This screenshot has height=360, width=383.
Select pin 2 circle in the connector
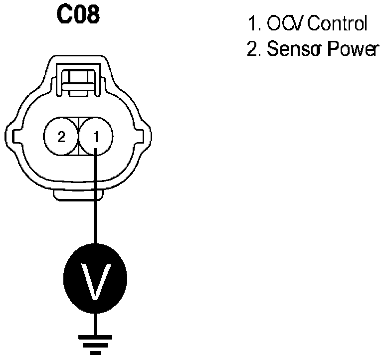(x=61, y=136)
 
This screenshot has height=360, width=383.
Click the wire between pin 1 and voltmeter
(x=95, y=199)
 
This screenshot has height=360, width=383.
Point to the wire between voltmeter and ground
(x=95, y=322)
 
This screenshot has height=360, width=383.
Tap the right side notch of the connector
(x=145, y=136)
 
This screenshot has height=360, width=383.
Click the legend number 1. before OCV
(x=253, y=23)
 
